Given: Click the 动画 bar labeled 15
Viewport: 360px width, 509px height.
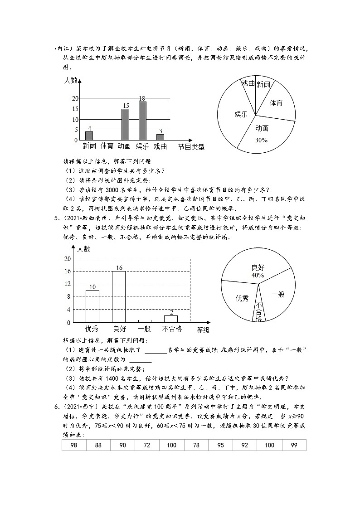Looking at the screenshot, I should (125, 124).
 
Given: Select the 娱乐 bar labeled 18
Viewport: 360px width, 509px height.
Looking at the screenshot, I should (142, 121).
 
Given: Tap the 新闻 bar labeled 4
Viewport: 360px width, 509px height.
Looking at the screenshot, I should (89, 136).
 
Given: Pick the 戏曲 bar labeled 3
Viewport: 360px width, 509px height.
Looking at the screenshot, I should (160, 137).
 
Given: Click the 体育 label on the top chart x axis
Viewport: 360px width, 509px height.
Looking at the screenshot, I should (107, 146).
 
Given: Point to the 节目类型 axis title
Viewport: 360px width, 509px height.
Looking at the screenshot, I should (191, 146).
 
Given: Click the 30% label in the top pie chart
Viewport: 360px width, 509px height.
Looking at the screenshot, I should (261, 140).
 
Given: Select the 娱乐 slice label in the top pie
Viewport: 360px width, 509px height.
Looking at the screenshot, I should (241, 114).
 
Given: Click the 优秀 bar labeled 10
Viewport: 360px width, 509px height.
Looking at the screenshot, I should (92, 306).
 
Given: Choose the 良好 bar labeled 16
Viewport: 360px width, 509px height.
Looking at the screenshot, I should (118, 296).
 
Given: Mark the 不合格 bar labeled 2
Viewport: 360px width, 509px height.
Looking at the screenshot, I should (171, 319).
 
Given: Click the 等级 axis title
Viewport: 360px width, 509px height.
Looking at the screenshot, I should (203, 330).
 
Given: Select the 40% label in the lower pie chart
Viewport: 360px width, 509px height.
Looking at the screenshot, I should (258, 275).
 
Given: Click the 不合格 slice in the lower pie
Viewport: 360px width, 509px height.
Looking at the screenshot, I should (258, 310).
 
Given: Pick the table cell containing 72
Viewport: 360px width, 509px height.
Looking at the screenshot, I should (147, 446).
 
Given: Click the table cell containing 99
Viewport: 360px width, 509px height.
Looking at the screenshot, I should (294, 446).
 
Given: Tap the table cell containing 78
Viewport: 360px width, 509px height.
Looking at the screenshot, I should (196, 446).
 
